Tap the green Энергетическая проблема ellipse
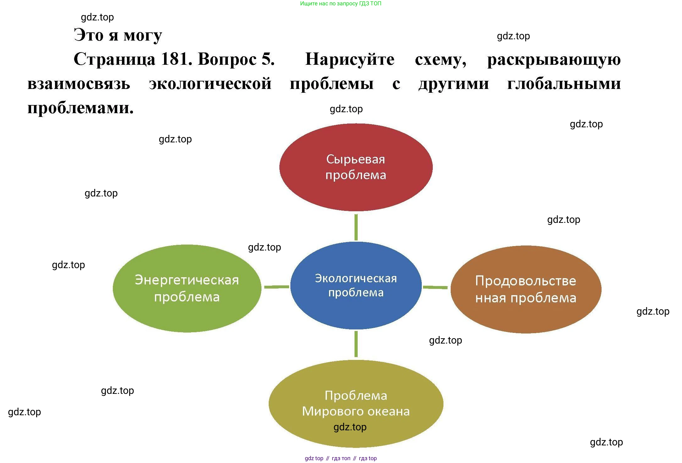(x=187, y=314)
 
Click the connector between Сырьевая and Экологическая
(x=356, y=227)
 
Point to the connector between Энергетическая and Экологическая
(x=277, y=287)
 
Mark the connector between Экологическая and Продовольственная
(x=435, y=287)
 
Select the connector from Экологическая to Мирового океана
(x=356, y=344)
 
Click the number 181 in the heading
(x=176, y=59)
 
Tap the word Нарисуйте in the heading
(x=350, y=59)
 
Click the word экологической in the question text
(x=210, y=84)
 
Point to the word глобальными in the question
(x=564, y=84)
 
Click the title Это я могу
(x=118, y=35)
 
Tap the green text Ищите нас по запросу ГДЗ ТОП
(x=341, y=3)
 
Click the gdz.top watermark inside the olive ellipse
(x=350, y=427)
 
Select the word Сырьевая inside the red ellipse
(x=355, y=159)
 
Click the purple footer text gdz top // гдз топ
(x=341, y=458)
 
